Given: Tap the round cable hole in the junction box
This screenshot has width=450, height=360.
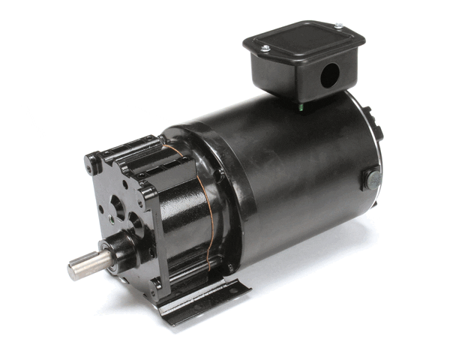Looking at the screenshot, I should tap(327, 74).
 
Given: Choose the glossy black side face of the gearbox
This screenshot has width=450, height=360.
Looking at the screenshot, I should tap(184, 225).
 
